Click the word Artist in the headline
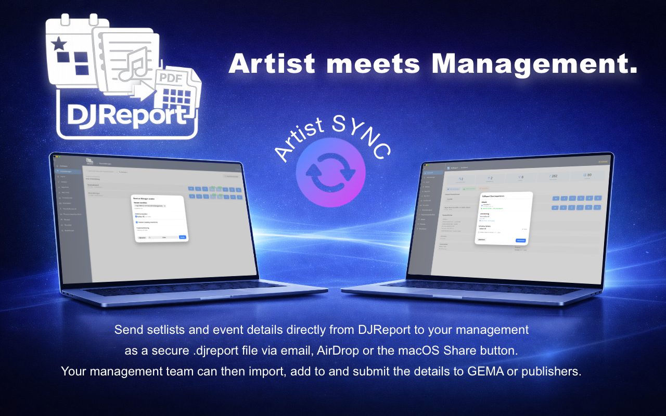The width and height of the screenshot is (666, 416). pos(272,63)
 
